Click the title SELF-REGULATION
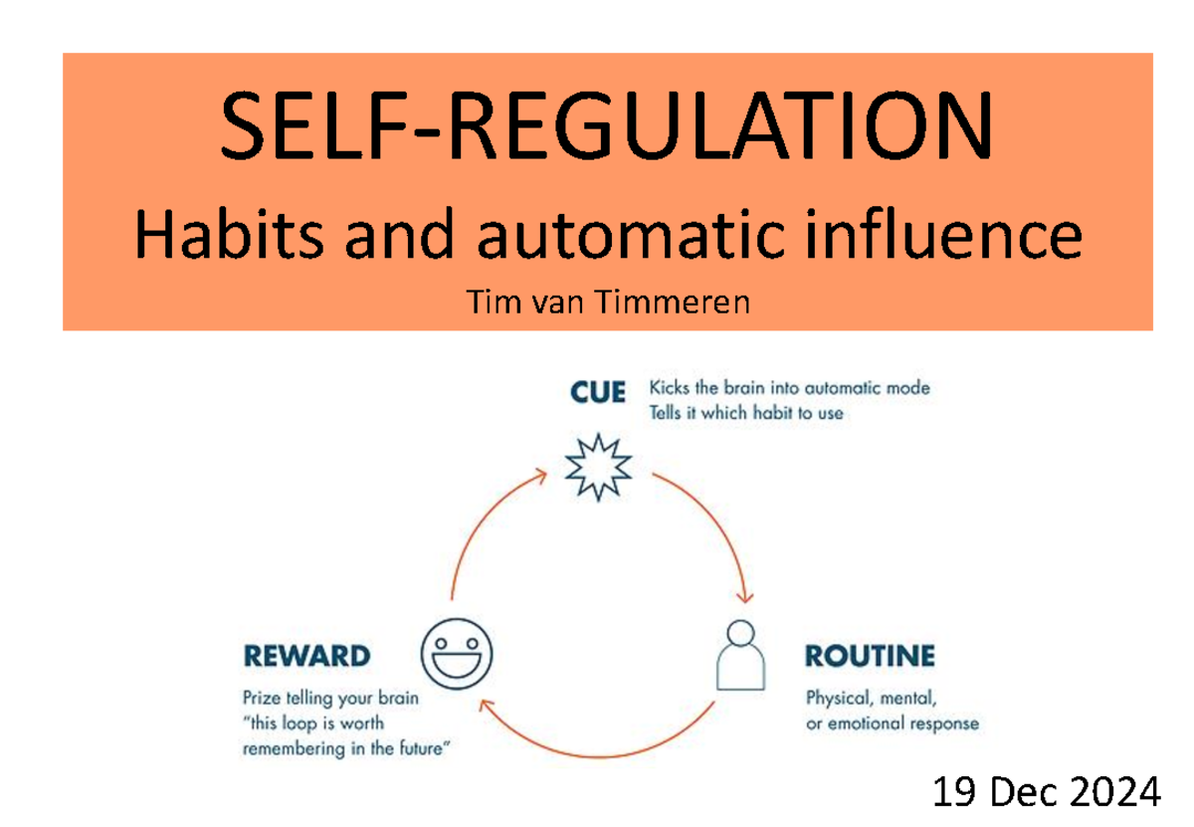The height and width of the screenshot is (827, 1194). pos(606,128)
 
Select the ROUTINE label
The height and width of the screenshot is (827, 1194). pos(869,657)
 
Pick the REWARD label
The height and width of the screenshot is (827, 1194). pos(306,657)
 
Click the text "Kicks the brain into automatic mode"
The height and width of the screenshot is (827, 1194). pos(789,388)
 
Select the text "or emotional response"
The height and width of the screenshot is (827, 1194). pos(892,724)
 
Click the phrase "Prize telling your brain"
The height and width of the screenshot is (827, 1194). pos(330,699)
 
